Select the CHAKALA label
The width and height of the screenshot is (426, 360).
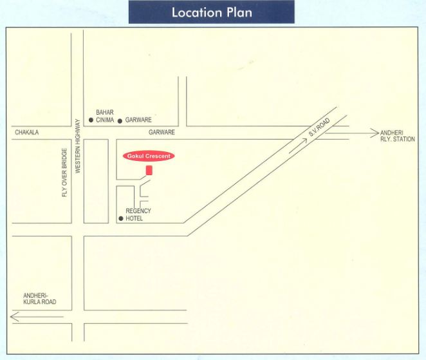click(x=27, y=133)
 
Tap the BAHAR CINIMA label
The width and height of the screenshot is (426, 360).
click(x=105, y=116)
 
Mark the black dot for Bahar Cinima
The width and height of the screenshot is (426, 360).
click(x=91, y=120)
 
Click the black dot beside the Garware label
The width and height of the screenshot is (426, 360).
click(x=120, y=120)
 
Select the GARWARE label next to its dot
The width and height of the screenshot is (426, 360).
click(x=138, y=120)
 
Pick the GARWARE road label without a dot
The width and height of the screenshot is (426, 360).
click(x=162, y=132)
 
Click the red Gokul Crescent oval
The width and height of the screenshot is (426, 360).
click(x=148, y=156)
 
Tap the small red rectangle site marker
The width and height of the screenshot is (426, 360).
click(x=149, y=170)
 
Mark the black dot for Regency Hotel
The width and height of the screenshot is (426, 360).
click(x=120, y=219)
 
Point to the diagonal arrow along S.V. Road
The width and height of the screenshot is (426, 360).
click(x=299, y=144)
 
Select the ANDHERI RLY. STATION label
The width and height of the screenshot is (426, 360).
click(x=398, y=135)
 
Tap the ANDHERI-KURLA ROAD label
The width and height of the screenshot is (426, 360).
click(x=40, y=298)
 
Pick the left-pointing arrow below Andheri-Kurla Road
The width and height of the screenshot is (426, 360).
click(x=35, y=316)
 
